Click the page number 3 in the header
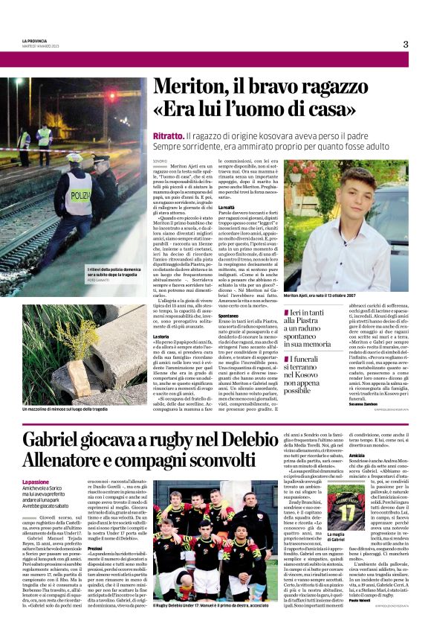point(406,43)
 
